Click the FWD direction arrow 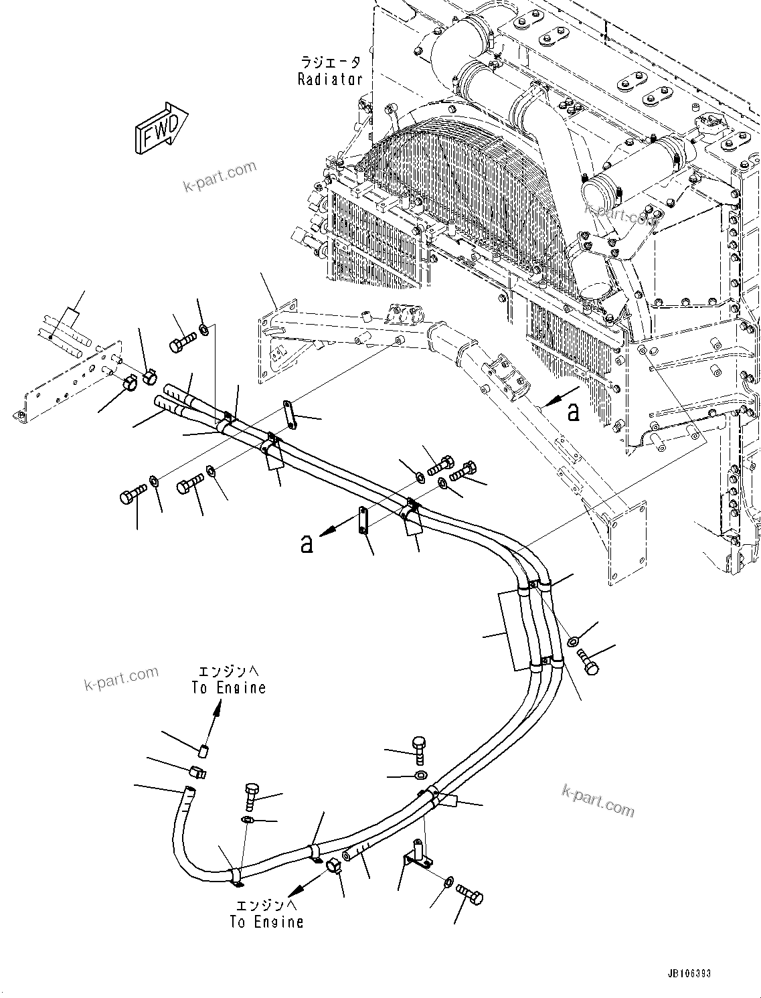(x=161, y=127)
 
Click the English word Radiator (x=330, y=79)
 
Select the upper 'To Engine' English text (x=228, y=687)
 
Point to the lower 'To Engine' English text (x=266, y=922)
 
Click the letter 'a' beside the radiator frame (x=573, y=412)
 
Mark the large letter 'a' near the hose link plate (x=307, y=544)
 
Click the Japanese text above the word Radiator (x=330, y=63)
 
